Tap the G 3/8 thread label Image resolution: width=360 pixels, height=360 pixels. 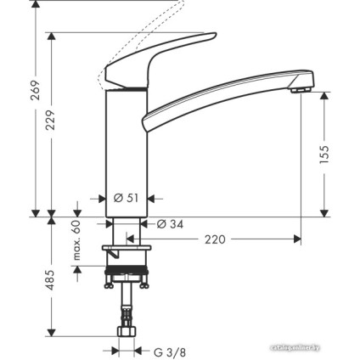(169, 350)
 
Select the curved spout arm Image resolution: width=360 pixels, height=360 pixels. (221, 93)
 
